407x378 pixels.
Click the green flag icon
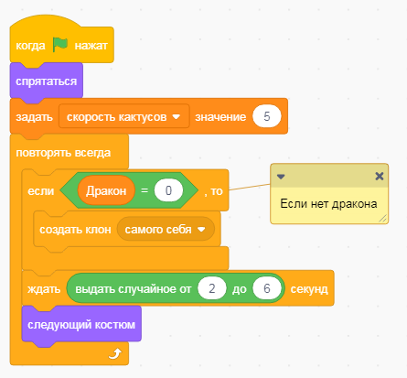59,45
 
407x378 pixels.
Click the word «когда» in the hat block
30,46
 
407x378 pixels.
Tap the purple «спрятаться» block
47,81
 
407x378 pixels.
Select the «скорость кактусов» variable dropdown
123,116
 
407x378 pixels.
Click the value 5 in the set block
267,116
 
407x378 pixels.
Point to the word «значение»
220,117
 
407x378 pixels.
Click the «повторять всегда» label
63,153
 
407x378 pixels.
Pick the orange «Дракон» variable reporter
106,190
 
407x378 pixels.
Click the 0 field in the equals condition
168,190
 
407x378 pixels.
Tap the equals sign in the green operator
145,190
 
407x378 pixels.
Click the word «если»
41,191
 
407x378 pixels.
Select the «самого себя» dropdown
166,229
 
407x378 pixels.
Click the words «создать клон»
75,230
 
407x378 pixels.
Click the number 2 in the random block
212,288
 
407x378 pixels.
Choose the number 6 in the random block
267,288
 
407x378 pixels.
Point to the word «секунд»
309,289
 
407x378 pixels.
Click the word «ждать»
44,289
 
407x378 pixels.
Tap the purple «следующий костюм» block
81,325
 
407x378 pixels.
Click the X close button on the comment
380,176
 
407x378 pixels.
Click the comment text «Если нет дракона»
328,204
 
